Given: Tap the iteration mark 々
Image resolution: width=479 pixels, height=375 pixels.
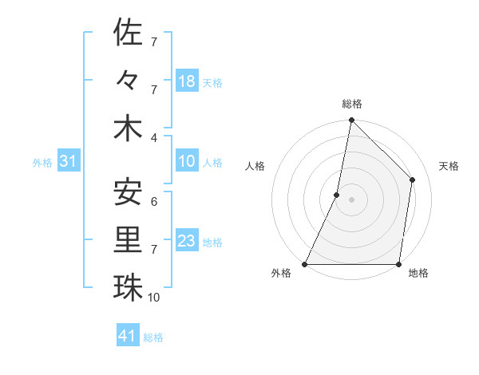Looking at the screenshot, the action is [128, 81].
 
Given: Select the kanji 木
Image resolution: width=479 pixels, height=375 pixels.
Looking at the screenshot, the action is [128, 128].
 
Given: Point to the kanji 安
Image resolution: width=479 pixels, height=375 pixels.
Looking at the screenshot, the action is [128, 193].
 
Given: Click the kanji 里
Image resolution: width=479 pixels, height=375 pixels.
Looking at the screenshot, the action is [128, 240].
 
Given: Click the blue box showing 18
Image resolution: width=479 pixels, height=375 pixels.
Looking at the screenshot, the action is [187, 81].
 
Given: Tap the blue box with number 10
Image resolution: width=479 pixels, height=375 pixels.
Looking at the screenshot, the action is [187, 162].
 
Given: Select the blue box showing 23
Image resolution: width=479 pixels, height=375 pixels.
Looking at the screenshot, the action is [187, 241].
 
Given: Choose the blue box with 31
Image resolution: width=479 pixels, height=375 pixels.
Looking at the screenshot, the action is [69, 162].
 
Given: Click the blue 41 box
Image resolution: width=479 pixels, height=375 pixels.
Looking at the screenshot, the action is [128, 336].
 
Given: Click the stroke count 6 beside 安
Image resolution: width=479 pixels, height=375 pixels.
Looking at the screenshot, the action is [153, 201].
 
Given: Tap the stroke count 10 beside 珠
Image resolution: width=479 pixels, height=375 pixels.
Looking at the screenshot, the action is [154, 297].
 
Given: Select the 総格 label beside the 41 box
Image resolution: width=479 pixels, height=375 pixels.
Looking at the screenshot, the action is [153, 337].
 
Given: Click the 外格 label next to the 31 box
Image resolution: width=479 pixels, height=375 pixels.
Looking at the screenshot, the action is [42, 163].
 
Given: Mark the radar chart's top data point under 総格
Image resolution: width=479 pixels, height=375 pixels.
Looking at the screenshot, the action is [351, 121].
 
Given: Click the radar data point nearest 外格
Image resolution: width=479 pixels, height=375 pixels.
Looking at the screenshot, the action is [305, 263].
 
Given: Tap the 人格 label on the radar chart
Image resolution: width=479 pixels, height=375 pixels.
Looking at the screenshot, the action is [255, 166].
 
